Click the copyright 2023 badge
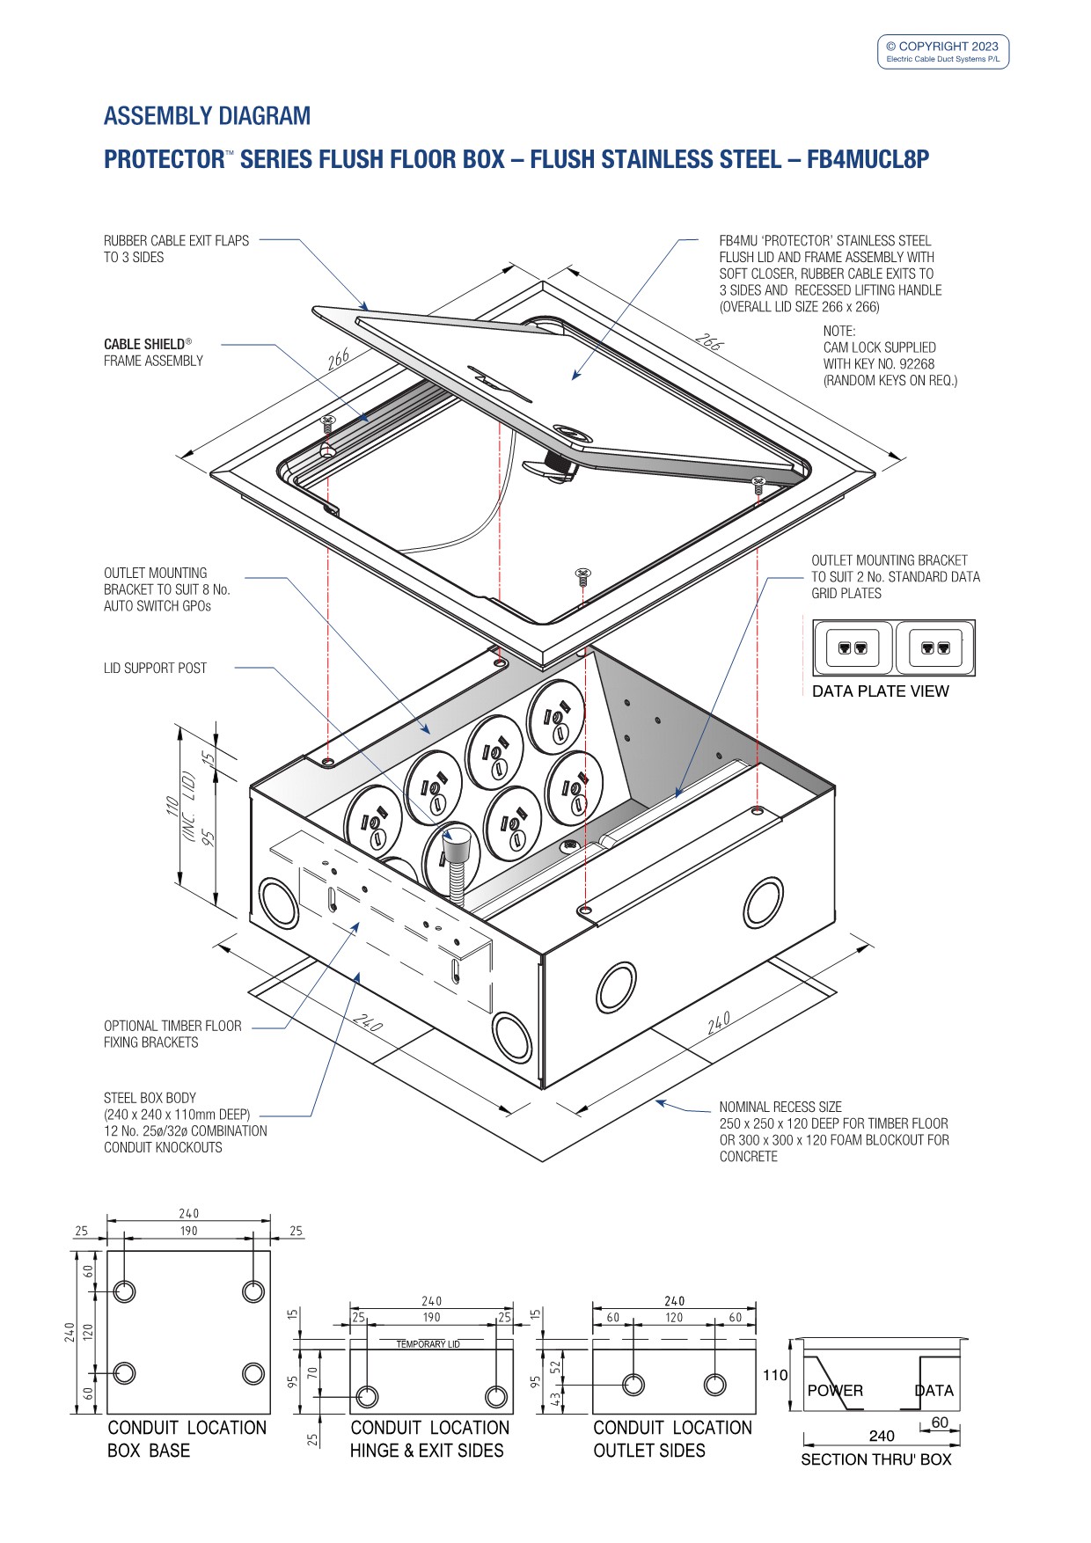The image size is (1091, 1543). pos(942,51)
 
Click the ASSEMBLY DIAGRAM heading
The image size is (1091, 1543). pos(207,116)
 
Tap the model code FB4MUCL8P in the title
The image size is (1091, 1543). pos(868,159)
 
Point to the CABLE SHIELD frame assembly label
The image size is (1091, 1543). pos(153,352)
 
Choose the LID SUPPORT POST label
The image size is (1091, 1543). pos(155,669)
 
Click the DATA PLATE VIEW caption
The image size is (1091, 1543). pos(880,691)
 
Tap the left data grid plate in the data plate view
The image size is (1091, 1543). pos(853,647)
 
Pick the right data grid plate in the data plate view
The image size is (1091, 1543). pos(934,647)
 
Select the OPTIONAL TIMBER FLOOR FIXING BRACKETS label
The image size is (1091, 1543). pos(172,1034)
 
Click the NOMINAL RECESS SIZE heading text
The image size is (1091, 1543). pos(780,1107)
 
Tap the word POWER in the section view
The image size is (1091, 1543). pos(835,1391)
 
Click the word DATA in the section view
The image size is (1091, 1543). pos(934,1391)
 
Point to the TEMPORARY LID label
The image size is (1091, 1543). pos(428,1344)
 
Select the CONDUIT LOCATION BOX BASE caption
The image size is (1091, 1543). pos(187,1439)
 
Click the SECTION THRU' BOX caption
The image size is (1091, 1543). pos(875,1459)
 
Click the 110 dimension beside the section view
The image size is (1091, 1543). pos(775,1375)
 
